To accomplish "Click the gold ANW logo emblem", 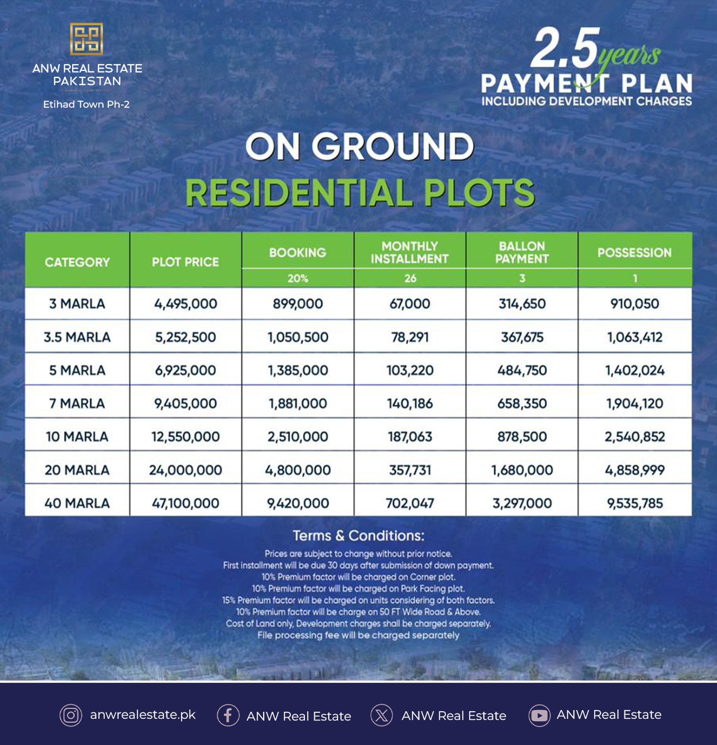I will pos(87,40).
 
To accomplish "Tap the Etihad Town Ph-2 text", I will pos(86,105).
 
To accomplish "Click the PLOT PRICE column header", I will pos(185,262).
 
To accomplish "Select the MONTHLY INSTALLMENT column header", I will pos(410,252).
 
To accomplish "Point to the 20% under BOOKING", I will pos(297,278).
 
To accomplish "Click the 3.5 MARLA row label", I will pos(77,337).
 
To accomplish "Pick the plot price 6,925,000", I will pos(185,370).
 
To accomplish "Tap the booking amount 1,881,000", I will pos(297,403).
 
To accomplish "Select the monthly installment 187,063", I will pos(410,437).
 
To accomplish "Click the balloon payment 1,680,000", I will pos(522,470).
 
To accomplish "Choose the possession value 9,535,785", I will pos(634,503).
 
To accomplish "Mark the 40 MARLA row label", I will pos(77,503).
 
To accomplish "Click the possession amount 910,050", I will pos(634,304).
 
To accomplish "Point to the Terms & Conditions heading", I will pos(358,535).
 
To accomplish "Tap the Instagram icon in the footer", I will pos(71,715).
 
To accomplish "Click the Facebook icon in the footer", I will pos(228,715).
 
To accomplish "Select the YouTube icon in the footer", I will pos(539,715).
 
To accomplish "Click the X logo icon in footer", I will pos(382,715).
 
